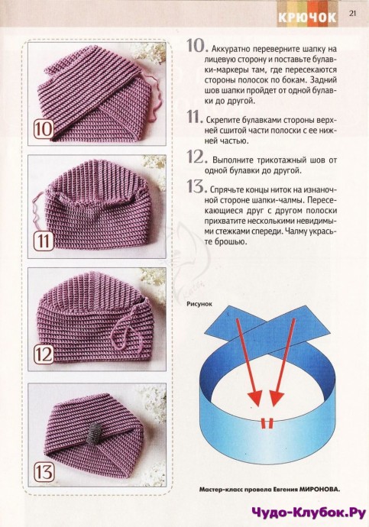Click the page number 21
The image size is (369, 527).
click(x=352, y=14)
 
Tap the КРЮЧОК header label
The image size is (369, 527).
click(x=307, y=18)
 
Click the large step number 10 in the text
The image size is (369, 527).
click(x=196, y=46)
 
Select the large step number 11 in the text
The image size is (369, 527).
click(x=195, y=117)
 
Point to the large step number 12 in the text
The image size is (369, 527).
click(x=196, y=157)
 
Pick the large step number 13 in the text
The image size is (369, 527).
click(x=196, y=186)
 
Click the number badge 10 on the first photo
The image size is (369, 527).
click(x=44, y=129)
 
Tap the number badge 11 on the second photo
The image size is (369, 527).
click(x=44, y=241)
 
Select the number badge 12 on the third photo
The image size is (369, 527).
click(x=44, y=354)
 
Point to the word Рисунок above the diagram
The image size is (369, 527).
click(x=199, y=304)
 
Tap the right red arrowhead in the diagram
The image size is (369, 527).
click(x=277, y=399)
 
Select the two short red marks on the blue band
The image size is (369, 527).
click(x=267, y=424)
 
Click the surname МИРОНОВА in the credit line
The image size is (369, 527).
click(x=319, y=490)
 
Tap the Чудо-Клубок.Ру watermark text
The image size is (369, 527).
click(x=309, y=513)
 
